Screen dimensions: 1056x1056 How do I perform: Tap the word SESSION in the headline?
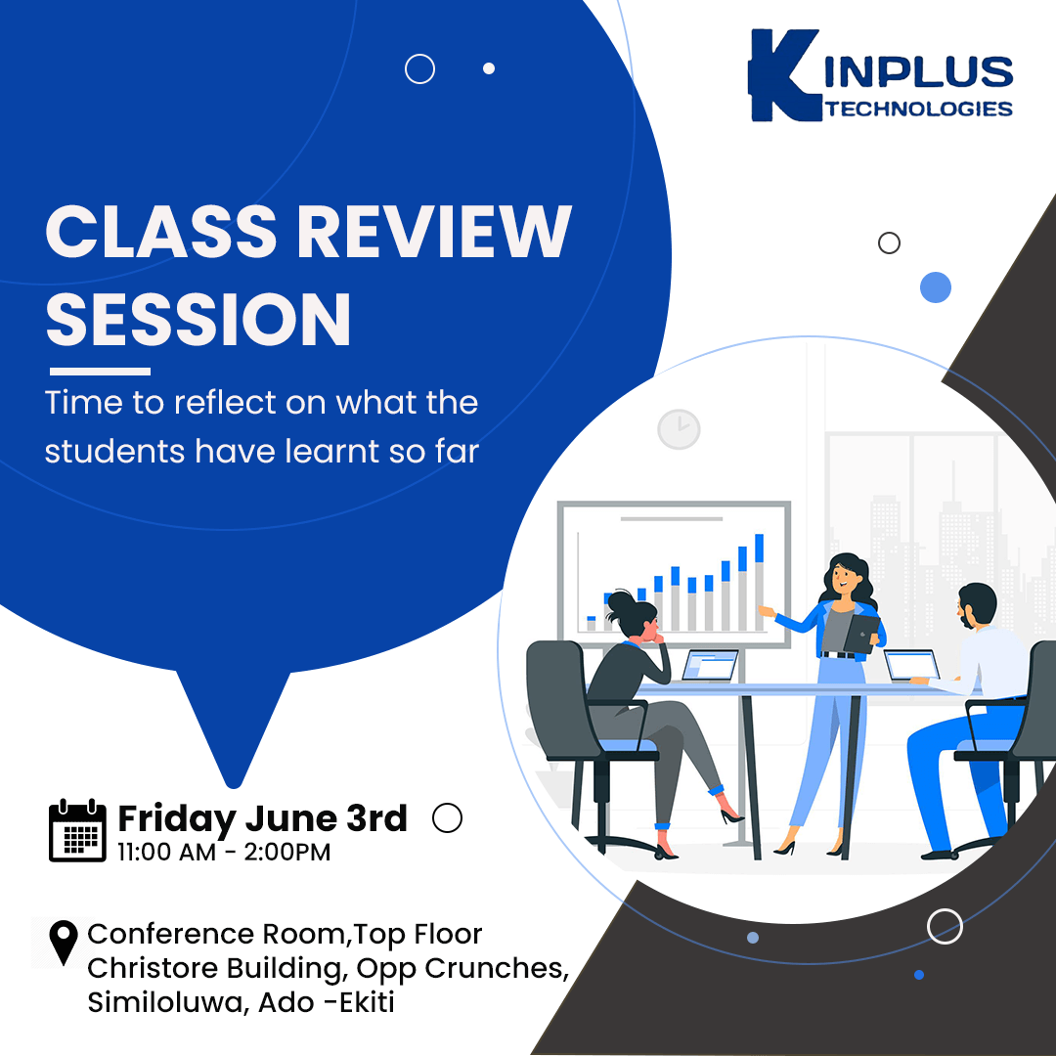[198, 319]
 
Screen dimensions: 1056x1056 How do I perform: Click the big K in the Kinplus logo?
[784, 75]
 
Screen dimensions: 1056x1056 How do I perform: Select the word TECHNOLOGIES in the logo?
[918, 109]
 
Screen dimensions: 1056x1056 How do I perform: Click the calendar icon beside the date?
[77, 830]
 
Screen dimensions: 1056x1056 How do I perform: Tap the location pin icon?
[64, 943]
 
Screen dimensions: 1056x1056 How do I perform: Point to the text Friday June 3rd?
[263, 819]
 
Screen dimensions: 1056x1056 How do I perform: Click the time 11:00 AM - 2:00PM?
[224, 852]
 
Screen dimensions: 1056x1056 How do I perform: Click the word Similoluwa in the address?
[168, 1003]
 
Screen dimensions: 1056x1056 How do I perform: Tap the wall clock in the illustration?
[679, 429]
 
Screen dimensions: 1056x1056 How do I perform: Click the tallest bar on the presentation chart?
[759, 582]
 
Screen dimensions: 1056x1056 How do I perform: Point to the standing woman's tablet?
[861, 633]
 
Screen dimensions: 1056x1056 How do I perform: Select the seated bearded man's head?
[977, 605]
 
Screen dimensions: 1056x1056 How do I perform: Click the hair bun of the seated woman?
[620, 600]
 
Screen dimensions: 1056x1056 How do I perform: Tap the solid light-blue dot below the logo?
[936, 287]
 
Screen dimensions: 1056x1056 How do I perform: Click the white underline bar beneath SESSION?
[101, 372]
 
